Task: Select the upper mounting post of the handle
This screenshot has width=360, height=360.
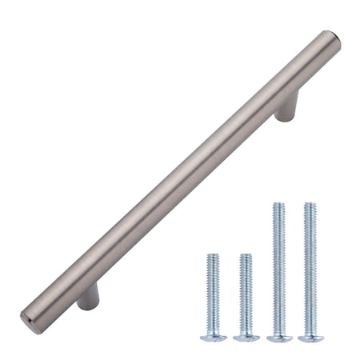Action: click(x=287, y=105)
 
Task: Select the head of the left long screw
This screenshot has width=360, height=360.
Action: click(x=278, y=338)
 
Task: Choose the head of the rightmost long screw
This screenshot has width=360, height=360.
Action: click(x=310, y=338)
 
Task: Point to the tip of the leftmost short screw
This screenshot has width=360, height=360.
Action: click(x=213, y=256)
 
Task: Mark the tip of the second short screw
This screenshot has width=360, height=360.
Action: click(x=246, y=256)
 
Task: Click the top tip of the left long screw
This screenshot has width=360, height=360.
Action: click(x=278, y=205)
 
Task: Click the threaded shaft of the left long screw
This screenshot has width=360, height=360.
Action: click(x=278, y=268)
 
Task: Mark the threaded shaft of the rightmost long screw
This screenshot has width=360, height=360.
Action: click(x=310, y=268)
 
